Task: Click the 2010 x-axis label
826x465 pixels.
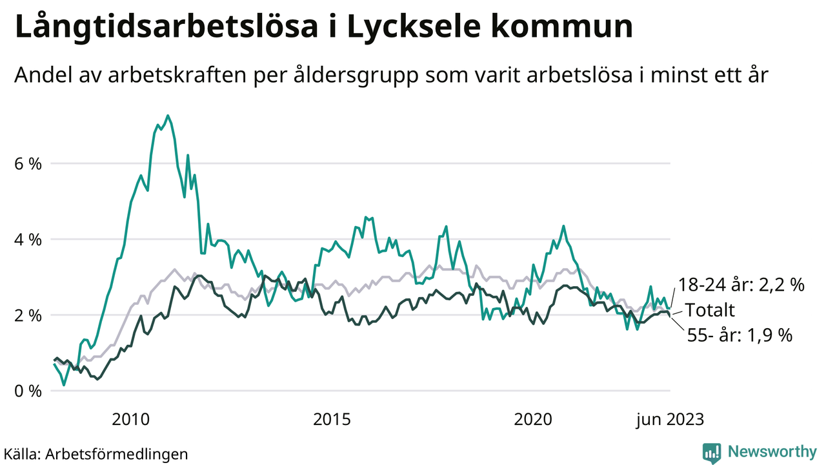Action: [x=131, y=420]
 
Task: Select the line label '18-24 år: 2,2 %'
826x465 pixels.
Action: [x=741, y=285]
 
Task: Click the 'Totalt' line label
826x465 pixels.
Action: [x=709, y=310]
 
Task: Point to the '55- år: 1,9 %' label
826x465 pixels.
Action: [x=738, y=335]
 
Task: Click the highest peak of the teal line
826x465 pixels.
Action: [x=168, y=116]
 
